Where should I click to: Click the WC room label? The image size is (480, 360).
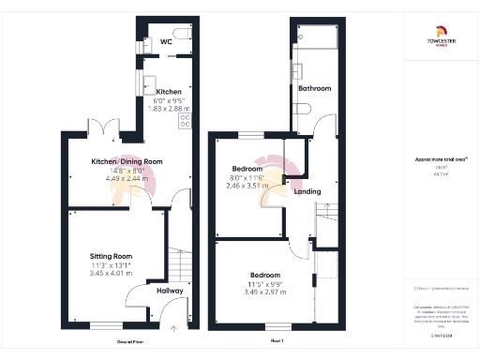[x=165, y=41]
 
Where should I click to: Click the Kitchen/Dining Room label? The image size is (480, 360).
[x=127, y=161]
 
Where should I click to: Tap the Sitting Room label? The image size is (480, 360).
[x=111, y=256]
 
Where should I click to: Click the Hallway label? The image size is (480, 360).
[x=170, y=292]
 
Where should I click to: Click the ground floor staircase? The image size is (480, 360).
[x=178, y=262]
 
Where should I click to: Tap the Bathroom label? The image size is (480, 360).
[x=315, y=88]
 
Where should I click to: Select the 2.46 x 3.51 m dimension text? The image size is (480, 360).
[x=247, y=186]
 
